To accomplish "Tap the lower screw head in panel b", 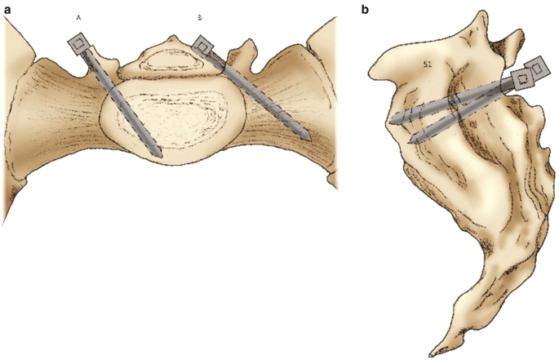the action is coord(520,79).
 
